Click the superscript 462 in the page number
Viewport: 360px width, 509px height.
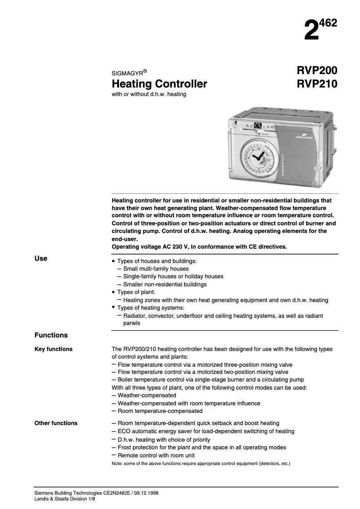point(329,23)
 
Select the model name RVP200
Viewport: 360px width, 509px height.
point(316,71)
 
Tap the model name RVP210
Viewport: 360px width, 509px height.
point(316,84)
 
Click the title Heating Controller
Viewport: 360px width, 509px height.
point(159,84)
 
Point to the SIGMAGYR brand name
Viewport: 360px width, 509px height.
point(127,73)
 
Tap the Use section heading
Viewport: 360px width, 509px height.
point(41,259)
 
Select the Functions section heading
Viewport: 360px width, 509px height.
point(51,335)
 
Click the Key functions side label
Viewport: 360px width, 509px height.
point(53,349)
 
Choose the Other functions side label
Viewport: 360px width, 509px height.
point(56,423)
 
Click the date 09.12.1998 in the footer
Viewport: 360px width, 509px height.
point(145,493)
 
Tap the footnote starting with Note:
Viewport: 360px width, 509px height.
point(201,463)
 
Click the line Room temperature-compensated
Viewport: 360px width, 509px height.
point(160,411)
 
